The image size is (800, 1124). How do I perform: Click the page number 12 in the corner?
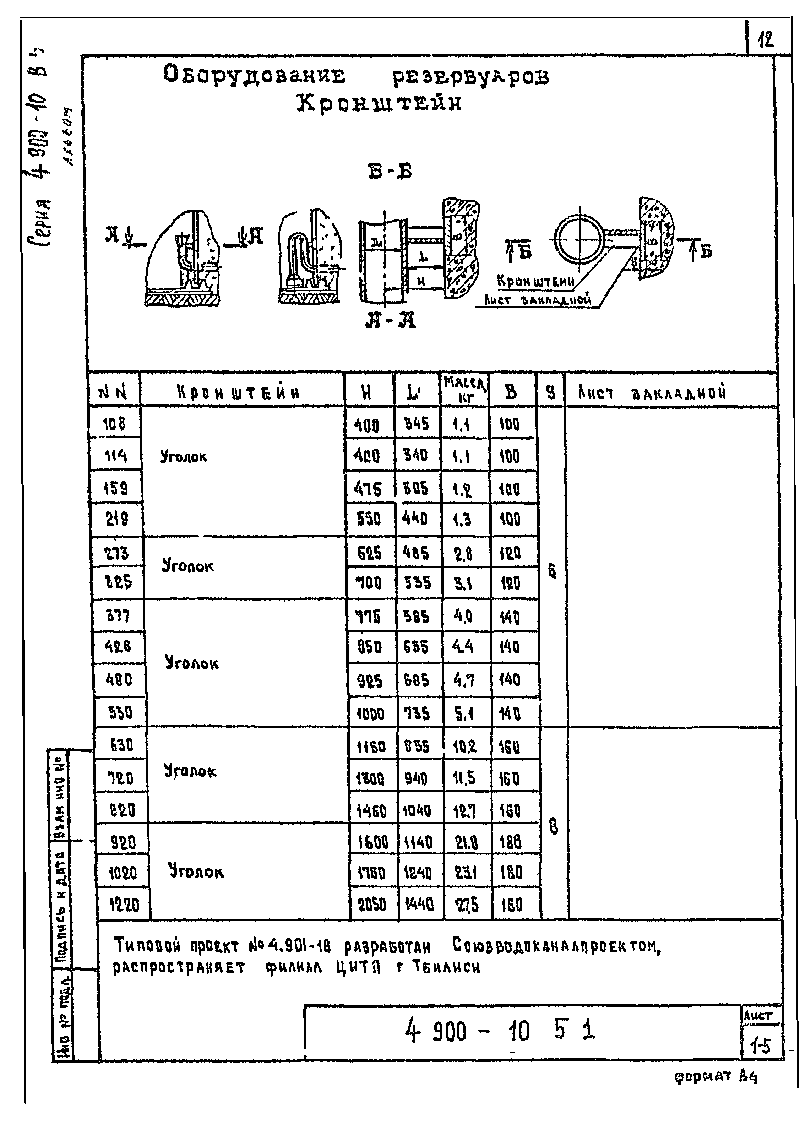(x=766, y=39)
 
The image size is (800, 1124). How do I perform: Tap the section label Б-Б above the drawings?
(x=389, y=172)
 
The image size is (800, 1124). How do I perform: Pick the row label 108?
(x=114, y=424)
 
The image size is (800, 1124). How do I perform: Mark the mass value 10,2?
(x=464, y=747)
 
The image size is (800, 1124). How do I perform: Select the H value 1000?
(x=370, y=714)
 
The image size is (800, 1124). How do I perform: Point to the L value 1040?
(x=417, y=810)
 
